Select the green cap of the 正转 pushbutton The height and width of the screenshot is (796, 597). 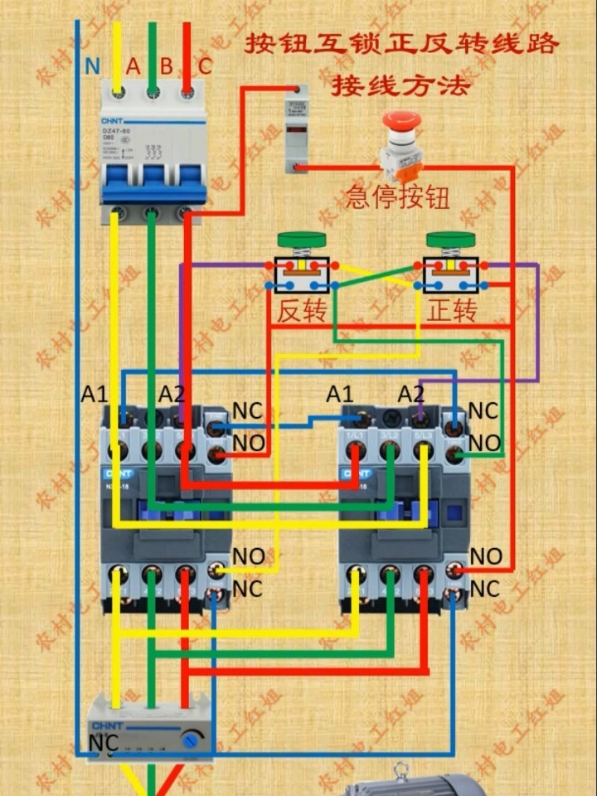click(x=450, y=240)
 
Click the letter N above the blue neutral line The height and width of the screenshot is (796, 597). click(x=93, y=66)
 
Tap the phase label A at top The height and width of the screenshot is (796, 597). click(x=133, y=66)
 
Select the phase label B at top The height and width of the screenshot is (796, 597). click(x=167, y=66)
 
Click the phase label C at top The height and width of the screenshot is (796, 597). click(x=205, y=66)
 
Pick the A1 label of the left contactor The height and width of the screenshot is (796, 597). click(x=95, y=394)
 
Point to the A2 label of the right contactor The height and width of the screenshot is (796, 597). click(x=410, y=394)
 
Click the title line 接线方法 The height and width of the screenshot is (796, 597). click(x=400, y=85)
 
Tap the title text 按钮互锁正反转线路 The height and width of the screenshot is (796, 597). click(x=401, y=44)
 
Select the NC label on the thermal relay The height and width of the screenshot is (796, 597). click(x=104, y=742)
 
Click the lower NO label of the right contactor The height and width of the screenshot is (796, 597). click(x=486, y=556)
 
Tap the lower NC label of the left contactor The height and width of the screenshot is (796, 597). click(x=247, y=589)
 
